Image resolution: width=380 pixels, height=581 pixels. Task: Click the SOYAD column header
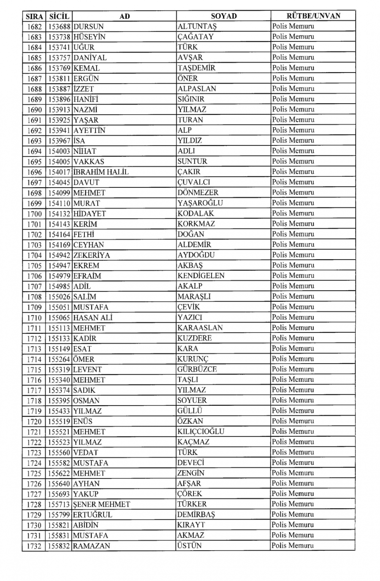tap(223, 16)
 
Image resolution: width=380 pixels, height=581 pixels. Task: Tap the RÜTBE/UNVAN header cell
tap(313, 16)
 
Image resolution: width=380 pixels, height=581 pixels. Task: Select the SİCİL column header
tap(59, 16)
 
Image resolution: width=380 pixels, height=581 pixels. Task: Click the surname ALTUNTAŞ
tap(197, 27)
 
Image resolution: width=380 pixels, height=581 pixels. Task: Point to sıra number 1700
tap(34, 214)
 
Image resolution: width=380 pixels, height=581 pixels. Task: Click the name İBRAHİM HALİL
tap(101, 172)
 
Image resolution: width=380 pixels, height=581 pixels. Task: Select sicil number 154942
tap(59, 255)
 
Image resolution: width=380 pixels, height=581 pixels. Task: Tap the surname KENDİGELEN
tap(201, 276)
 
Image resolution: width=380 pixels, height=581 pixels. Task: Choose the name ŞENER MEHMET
tap(101, 504)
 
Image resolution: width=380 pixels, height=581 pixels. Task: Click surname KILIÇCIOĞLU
tap(201, 431)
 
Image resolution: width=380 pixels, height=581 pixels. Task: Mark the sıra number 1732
tap(34, 546)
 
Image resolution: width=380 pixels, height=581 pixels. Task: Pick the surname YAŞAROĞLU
tap(200, 203)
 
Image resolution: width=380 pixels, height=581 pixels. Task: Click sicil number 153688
tap(59, 27)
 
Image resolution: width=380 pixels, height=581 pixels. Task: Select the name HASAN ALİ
tap(93, 317)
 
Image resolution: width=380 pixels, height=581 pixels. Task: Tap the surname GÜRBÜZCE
tap(197, 369)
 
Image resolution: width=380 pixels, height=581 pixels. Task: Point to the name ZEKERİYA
tap(92, 255)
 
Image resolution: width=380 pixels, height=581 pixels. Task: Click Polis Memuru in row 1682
tap(293, 27)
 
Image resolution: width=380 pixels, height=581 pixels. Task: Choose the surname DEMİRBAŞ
tap(196, 515)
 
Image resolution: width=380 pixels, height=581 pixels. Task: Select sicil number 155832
tap(59, 546)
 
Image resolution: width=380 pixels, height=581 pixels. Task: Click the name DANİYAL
tap(90, 58)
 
